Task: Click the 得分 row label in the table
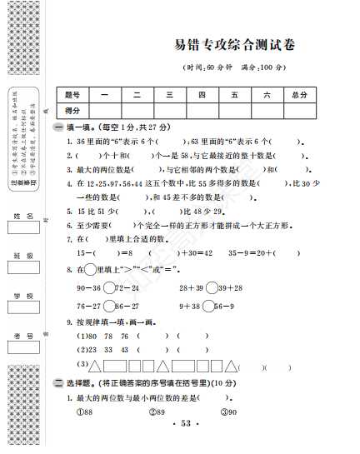[x=72, y=110]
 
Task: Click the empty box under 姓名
[x=23, y=232]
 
